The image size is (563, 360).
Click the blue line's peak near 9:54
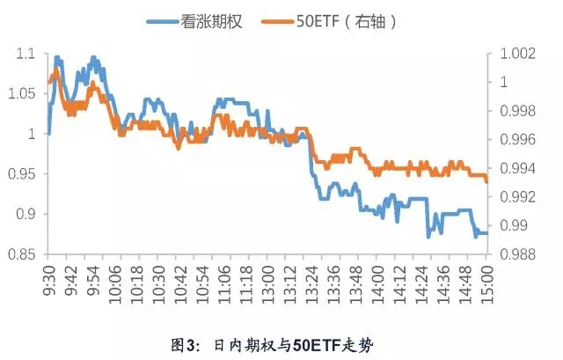click(x=93, y=58)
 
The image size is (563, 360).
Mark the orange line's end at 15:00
click(x=486, y=180)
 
